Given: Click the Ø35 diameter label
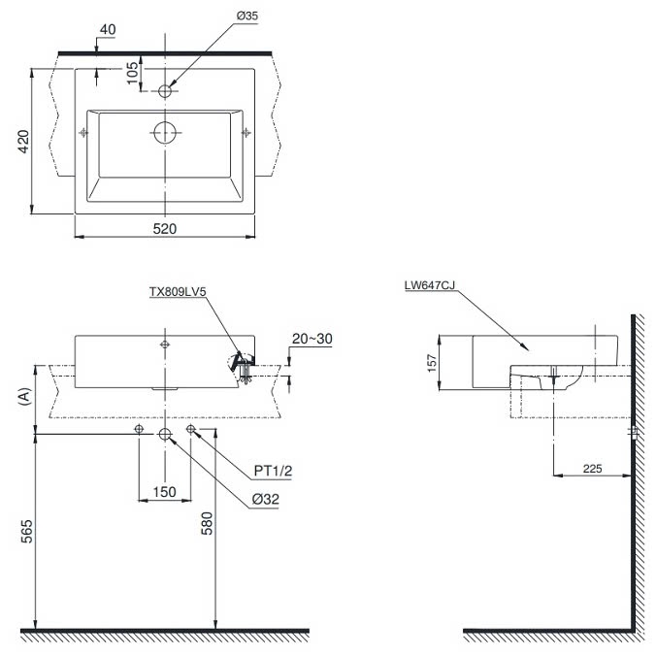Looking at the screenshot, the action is [246, 16].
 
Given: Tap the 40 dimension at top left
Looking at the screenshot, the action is [108, 30].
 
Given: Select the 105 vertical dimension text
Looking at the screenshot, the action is [132, 73].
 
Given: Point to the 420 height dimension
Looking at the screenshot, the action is [23, 142].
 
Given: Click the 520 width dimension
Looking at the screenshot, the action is [164, 229].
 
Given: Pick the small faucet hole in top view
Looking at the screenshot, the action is [165, 91].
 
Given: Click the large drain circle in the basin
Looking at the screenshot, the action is [165, 133].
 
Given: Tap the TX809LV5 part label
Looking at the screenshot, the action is [178, 291].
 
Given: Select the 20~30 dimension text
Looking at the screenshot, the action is [312, 339].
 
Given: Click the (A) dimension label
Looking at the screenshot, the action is [25, 396].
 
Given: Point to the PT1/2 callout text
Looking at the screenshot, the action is [273, 471].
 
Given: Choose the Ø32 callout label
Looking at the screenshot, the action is [265, 499].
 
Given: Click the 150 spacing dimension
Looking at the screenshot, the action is [164, 492].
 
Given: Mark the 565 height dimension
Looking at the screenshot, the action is [26, 532].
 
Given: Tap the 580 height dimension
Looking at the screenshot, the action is [207, 523].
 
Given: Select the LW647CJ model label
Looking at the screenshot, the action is [429, 285].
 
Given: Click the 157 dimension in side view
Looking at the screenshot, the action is [431, 363].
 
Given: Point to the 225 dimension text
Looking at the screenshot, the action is [592, 469].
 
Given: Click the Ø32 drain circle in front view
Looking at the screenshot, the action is [165, 435].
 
